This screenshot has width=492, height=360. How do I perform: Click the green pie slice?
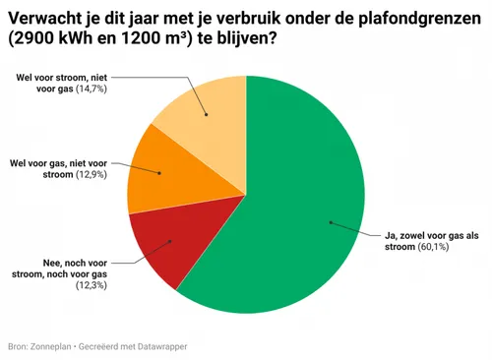click(295, 197)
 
